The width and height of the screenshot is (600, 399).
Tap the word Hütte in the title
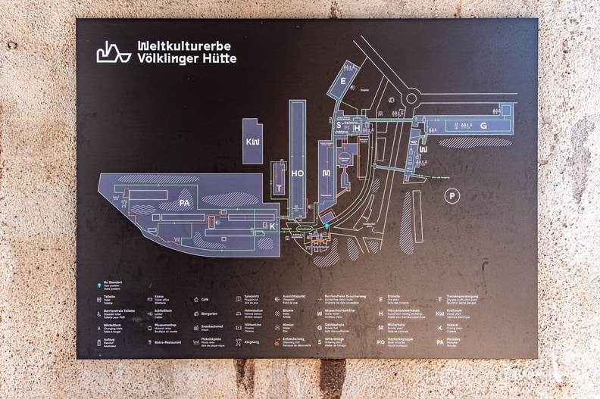coord(220,58)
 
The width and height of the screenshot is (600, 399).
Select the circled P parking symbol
coord(453,195)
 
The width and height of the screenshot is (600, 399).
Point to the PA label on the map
coord(184,204)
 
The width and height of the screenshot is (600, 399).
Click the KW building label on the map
coord(252,142)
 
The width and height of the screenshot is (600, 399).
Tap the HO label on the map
coord(298,173)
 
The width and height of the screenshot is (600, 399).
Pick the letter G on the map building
coord(483,126)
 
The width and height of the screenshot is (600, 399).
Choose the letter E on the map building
coord(344,81)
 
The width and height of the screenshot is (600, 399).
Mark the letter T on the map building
coord(280,188)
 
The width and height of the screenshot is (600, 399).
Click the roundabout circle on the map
coord(412,98)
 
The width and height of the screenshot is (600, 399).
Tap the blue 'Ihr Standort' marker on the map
coord(327,226)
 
